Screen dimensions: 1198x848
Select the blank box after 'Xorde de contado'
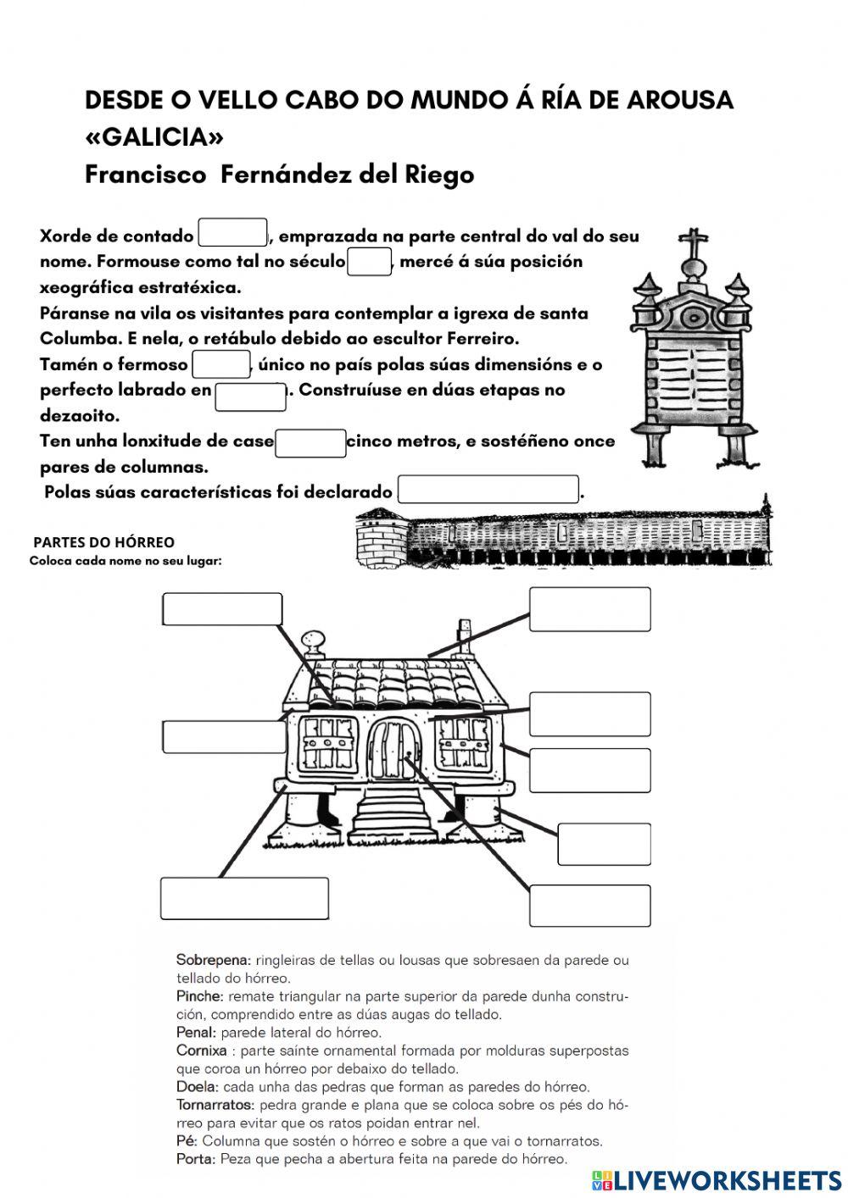[x=232, y=235]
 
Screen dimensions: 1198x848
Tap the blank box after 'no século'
[x=369, y=261]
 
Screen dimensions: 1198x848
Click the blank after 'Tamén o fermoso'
[x=220, y=364]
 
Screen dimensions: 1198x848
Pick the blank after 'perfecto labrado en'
[x=250, y=396]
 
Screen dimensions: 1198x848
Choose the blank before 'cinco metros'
[x=310, y=443]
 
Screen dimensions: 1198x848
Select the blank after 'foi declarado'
[x=488, y=490]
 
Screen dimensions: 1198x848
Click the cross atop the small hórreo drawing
[x=695, y=244]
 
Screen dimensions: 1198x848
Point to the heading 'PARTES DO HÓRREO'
[x=103, y=542]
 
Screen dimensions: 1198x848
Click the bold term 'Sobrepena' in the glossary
[x=213, y=960]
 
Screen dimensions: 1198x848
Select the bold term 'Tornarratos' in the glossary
[x=215, y=1105]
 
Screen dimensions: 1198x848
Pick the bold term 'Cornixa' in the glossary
[x=202, y=1051]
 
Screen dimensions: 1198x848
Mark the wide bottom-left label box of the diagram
[x=244, y=898]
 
